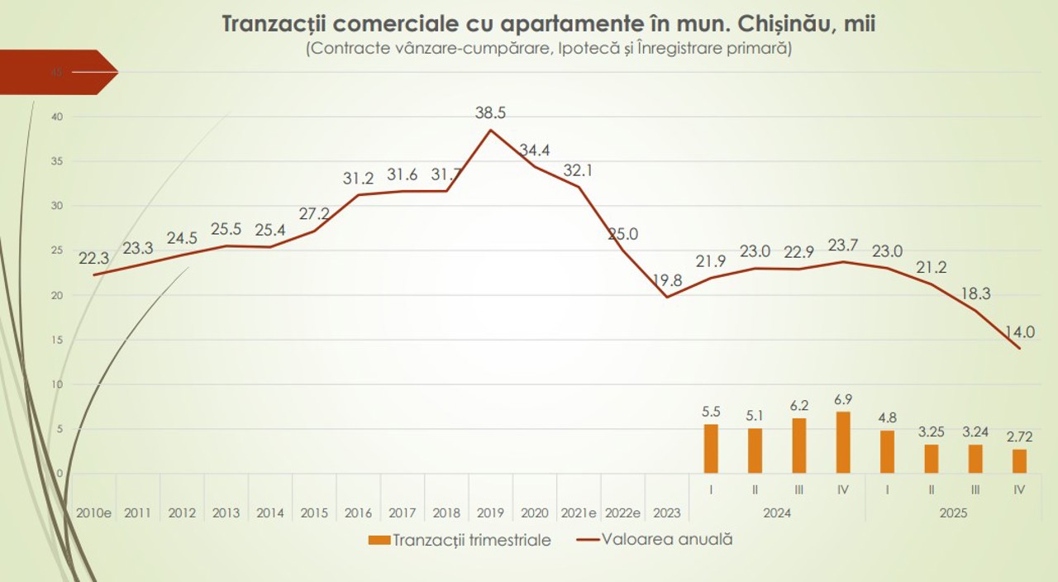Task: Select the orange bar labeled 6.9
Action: coord(843,442)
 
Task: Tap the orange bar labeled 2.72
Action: coord(1019,460)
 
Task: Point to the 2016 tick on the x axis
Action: coord(358,513)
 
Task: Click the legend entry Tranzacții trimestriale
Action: coord(459,540)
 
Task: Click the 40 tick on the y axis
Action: coord(57,117)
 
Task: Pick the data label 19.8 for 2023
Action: coord(666,280)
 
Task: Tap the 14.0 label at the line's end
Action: coord(1020,332)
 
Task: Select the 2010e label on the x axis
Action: coord(93,513)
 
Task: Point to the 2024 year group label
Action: coord(777,513)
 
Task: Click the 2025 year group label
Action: coord(953,513)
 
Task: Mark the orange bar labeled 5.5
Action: coord(711,449)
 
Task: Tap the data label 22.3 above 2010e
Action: coord(94,259)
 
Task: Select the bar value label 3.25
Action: coord(931,432)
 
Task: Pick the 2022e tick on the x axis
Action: coord(622,513)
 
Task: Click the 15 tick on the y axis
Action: coord(57,340)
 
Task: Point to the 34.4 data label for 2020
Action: coord(535,150)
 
